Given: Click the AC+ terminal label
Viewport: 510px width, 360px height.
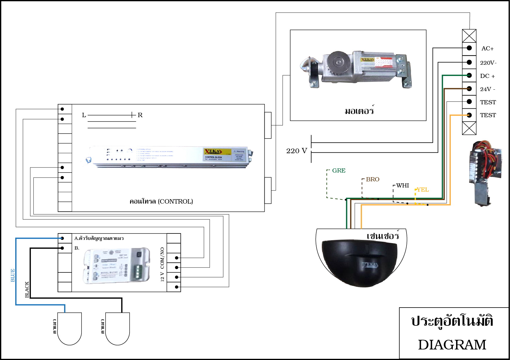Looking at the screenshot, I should [487, 49].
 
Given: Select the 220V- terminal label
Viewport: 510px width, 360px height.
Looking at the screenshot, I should [488, 63].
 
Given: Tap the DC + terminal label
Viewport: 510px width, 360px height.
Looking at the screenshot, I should [487, 76].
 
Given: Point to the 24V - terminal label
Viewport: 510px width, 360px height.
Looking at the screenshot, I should [487, 89].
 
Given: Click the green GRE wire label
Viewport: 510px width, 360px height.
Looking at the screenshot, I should [339, 170].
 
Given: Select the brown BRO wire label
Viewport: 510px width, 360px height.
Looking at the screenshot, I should [373, 179].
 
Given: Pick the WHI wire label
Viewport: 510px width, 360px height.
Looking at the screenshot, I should [402, 185].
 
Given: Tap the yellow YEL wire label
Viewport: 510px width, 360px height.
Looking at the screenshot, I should [423, 190].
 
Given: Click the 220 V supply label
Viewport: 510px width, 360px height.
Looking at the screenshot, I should [297, 151].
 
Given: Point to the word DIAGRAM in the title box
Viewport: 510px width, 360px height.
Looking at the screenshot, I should [452, 345].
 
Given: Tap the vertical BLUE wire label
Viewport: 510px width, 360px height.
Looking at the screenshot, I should [13, 275].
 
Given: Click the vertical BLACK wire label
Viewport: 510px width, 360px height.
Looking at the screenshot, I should [27, 289].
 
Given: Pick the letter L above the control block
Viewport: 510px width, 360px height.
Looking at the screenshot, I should [84, 115].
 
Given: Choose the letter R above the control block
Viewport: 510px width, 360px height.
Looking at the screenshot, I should [140, 115].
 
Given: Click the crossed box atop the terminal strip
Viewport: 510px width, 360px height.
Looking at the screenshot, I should [469, 36].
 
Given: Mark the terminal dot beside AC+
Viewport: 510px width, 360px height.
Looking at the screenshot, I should [469, 48].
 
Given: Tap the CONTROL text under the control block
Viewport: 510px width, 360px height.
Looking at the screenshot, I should [175, 202].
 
